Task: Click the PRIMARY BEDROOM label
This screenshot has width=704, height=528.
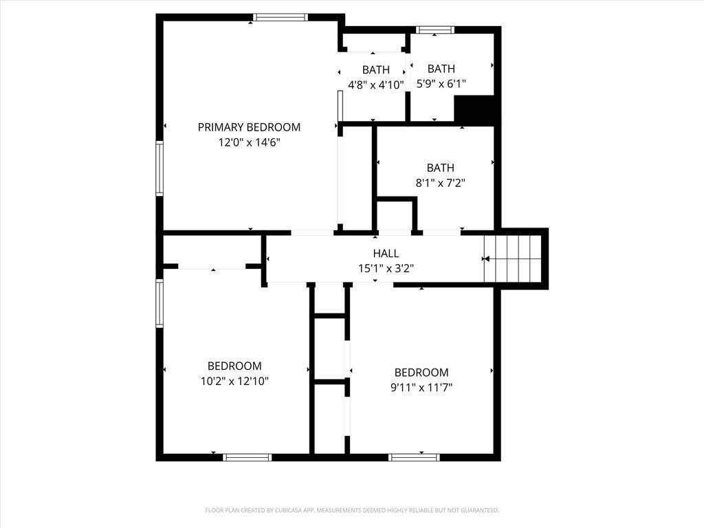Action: tap(249, 127)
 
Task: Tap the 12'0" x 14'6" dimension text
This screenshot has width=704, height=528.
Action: tap(249, 142)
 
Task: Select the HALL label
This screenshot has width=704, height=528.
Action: tap(386, 253)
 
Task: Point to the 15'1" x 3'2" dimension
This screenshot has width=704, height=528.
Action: tap(386, 269)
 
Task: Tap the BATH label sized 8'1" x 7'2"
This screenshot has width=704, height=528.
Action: tap(441, 168)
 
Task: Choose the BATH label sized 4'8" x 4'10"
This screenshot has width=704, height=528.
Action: tap(376, 70)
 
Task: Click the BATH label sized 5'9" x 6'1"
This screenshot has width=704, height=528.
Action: tap(441, 69)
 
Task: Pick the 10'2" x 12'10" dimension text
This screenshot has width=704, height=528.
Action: tap(234, 381)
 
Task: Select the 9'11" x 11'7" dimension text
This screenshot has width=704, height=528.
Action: tap(421, 387)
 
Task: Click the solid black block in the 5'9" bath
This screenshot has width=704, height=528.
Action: tap(474, 109)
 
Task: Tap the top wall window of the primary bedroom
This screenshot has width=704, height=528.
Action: tap(280, 17)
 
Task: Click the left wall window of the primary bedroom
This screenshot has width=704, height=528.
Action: tap(159, 168)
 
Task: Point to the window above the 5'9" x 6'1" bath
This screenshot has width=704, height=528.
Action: tap(434, 30)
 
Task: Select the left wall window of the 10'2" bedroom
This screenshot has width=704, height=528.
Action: tap(159, 303)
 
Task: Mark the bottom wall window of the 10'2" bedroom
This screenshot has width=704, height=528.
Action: tap(247, 457)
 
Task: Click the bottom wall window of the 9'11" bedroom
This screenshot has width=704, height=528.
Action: tap(414, 457)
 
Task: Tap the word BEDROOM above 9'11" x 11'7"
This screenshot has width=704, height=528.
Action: tap(421, 372)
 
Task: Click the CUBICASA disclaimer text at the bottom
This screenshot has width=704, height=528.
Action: tap(352, 510)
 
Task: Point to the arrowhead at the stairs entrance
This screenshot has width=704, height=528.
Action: tap(485, 259)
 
